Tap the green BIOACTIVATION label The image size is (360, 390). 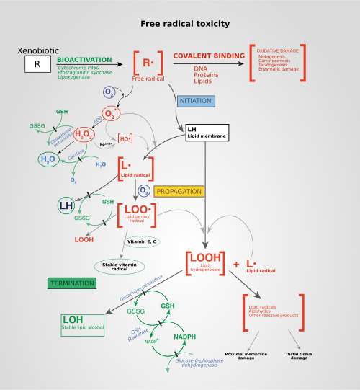tap(84, 59)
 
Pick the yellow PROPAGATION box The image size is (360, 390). tap(179, 191)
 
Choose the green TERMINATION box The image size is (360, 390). tap(71, 283)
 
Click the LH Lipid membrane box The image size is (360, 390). tap(207, 133)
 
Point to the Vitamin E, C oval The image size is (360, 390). tap(143, 241)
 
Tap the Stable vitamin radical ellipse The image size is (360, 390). tap(119, 266)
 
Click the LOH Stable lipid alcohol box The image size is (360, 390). tap(82, 324)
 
